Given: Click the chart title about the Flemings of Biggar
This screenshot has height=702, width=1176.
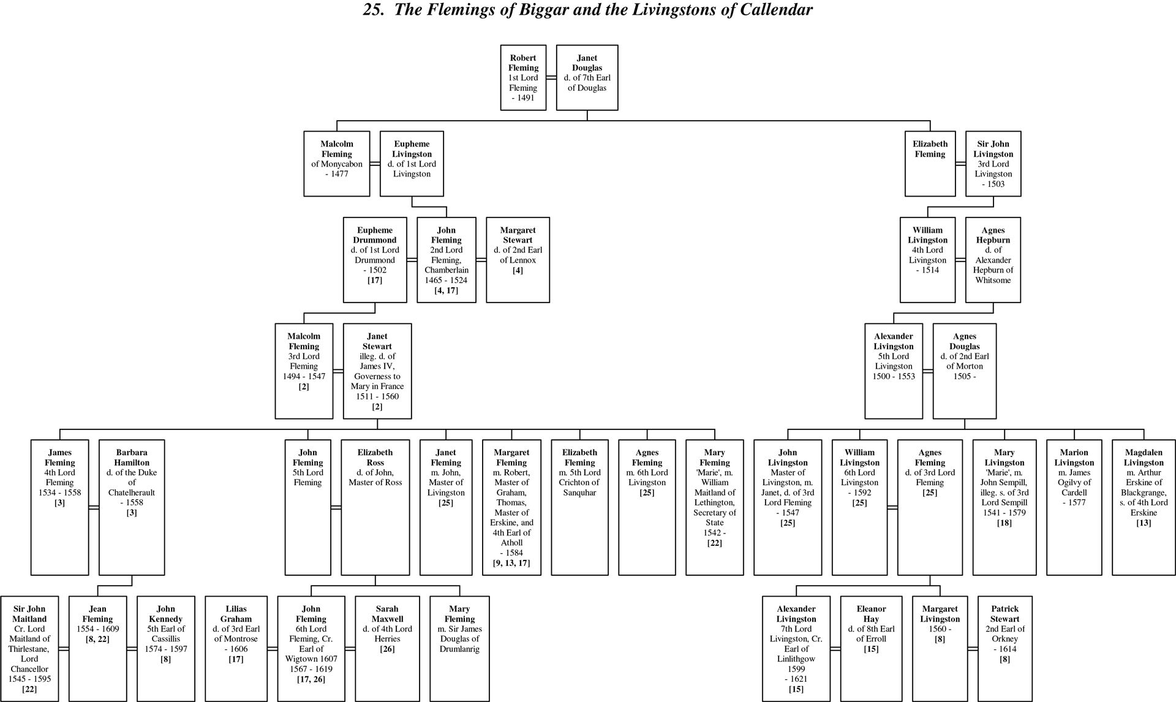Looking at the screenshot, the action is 587,10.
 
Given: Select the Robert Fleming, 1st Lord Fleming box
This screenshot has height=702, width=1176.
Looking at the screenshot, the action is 523,78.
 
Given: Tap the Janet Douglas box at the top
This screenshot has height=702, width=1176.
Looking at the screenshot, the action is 587,78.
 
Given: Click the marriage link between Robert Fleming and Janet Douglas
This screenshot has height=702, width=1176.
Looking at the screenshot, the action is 551,78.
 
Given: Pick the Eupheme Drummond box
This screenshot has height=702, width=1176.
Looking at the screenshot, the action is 375,260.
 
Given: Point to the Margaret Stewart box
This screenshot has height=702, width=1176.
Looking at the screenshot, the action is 518,260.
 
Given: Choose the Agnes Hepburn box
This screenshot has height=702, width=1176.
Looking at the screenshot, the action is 993,260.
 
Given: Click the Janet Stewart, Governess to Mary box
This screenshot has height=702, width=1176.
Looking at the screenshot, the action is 377,371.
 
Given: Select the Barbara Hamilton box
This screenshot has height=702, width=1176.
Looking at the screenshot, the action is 132,507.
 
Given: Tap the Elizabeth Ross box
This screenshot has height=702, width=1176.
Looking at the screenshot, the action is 375,507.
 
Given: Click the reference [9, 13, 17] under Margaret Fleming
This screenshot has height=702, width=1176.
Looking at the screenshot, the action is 511,563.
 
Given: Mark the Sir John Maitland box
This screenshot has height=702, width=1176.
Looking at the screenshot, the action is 29,649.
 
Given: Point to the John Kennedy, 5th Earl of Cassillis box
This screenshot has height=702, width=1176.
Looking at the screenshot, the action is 165,649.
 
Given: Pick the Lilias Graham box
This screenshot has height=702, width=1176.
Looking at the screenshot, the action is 236,649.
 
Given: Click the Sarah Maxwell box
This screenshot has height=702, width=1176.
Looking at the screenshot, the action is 387,649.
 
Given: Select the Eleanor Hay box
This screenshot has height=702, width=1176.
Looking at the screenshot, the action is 871,649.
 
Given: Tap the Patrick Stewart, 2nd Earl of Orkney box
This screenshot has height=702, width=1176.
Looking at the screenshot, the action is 1005,649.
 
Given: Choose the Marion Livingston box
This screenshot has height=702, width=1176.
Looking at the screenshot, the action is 1074,507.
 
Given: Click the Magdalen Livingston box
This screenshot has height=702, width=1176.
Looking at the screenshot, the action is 1144,507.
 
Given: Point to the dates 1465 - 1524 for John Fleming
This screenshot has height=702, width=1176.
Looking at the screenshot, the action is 446,280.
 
